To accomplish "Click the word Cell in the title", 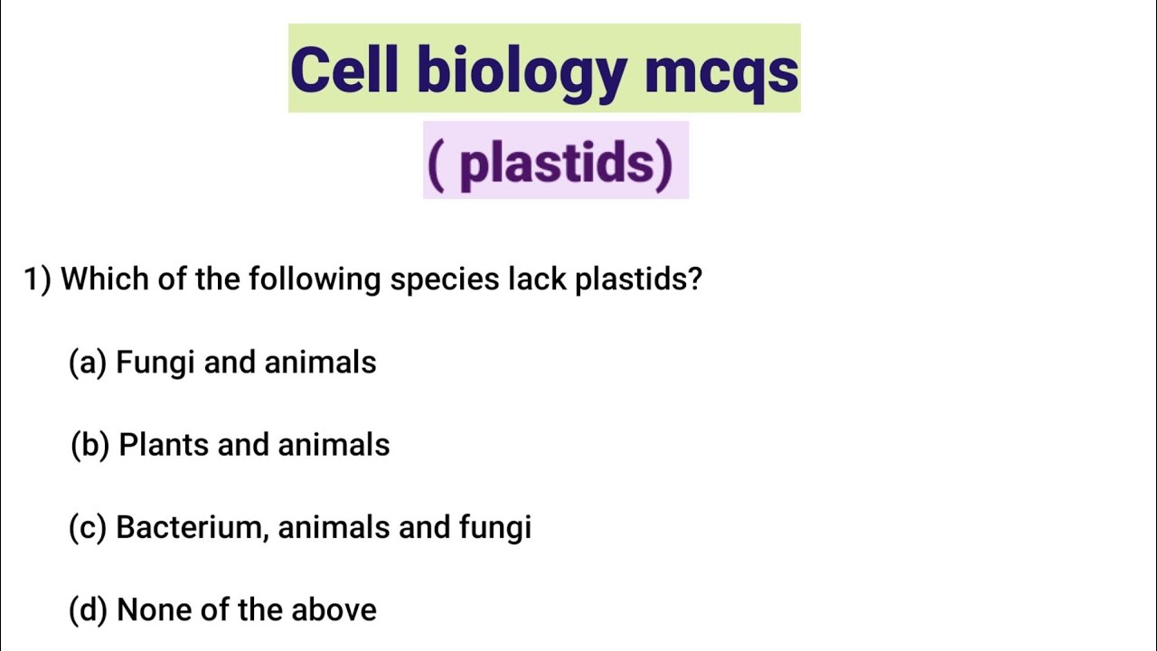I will [x=343, y=70].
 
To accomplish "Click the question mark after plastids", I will [x=693, y=278].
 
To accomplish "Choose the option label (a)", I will [x=89, y=363].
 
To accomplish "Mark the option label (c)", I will [x=89, y=527].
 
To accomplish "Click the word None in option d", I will [x=155, y=610].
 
